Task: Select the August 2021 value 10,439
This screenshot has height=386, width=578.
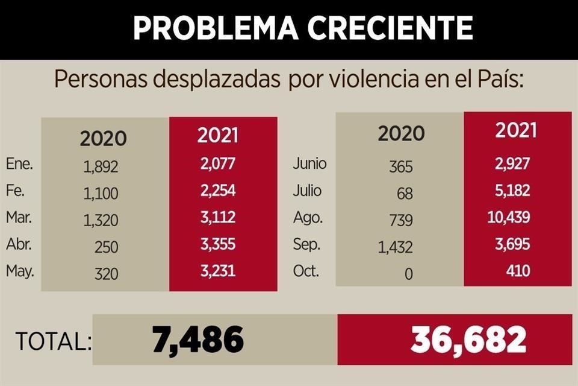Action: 509,218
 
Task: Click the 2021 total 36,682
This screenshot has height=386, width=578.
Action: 468,341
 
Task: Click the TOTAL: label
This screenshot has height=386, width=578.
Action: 54,342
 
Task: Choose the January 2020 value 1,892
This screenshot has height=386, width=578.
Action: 101,166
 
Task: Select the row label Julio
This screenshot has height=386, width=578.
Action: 307,191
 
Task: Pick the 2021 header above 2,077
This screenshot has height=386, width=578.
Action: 218,135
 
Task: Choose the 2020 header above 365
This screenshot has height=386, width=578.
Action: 401,133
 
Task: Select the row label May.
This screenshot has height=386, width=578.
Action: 20,271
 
